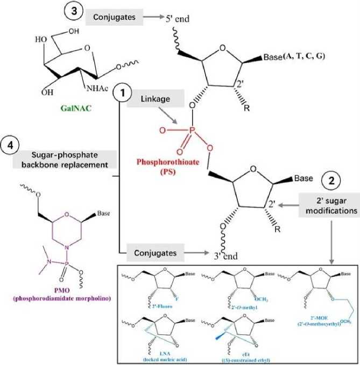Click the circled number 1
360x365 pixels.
click(123, 94)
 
